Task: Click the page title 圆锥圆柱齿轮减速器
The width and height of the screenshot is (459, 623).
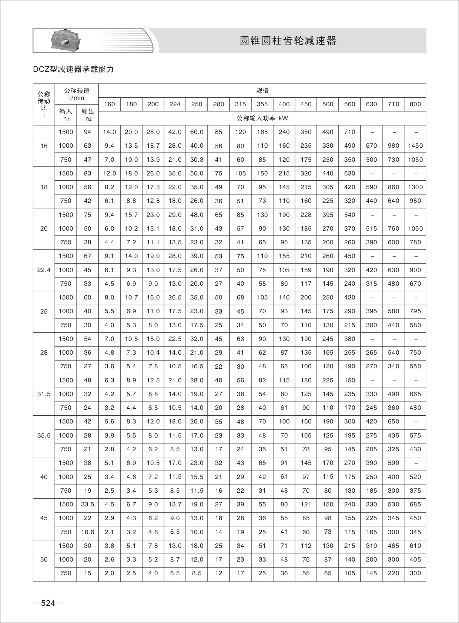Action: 288,41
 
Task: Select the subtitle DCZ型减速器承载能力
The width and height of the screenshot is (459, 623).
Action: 73,69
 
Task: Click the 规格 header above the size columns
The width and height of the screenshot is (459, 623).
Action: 262,90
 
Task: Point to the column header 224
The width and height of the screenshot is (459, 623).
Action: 175,104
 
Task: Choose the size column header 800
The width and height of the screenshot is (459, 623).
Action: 415,104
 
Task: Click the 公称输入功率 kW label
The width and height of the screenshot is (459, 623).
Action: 262,118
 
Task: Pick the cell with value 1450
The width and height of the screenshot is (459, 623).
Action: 415,145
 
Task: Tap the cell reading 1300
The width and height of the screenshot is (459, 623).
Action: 415,187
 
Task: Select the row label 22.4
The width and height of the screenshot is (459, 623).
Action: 44,270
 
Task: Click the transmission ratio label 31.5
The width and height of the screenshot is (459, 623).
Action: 44,394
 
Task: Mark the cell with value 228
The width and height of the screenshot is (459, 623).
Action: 306,215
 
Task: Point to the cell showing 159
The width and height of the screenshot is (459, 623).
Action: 306,270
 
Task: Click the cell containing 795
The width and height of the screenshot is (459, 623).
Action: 415,311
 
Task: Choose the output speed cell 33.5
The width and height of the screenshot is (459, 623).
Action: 87,504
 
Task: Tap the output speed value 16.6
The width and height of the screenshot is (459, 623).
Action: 87,532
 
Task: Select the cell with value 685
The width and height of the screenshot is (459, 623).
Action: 415,504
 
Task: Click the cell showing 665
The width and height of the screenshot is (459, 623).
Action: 415,394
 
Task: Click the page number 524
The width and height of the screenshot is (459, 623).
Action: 48,603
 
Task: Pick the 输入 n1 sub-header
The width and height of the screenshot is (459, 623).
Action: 66,115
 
